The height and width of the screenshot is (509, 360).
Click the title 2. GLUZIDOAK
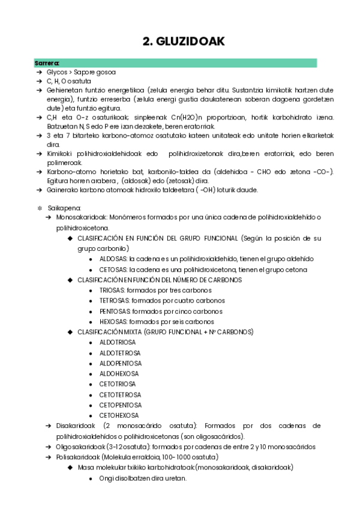183,41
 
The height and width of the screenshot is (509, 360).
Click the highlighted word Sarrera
47,62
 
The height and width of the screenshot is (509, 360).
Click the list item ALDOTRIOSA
119,342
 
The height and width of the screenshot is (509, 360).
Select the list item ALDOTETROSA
121,352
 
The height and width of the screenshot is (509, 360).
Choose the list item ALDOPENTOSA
121,363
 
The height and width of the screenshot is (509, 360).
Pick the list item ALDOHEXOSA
119,373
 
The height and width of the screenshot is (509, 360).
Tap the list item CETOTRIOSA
119,384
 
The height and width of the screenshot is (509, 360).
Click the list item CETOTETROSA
121,394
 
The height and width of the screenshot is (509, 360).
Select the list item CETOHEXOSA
119,415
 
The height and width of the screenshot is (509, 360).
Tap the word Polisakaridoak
77,457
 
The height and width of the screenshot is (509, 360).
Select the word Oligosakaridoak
79,447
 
